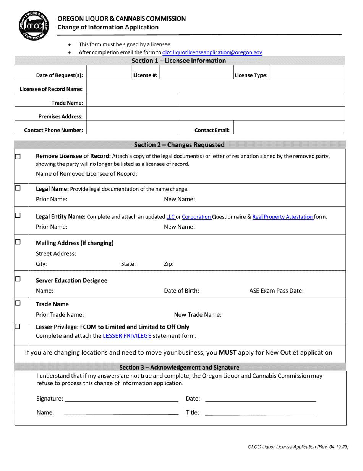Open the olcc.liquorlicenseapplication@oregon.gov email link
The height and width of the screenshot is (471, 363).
tap(212, 52)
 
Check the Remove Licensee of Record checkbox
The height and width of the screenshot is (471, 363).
tap(18, 157)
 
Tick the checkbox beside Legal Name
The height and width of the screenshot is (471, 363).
tap(18, 188)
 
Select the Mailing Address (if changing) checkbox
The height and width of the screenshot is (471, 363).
tap(18, 242)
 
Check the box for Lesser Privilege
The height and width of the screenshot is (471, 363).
tap(18, 326)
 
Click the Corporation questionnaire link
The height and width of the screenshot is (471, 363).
tap(196, 217)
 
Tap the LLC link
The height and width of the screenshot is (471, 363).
tap(170, 217)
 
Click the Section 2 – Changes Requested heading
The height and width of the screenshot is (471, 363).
tap(179, 145)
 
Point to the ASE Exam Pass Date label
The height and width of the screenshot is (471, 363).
tap(276, 291)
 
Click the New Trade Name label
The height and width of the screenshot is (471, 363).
tap(198, 315)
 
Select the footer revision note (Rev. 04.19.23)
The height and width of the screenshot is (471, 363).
tap(298, 447)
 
